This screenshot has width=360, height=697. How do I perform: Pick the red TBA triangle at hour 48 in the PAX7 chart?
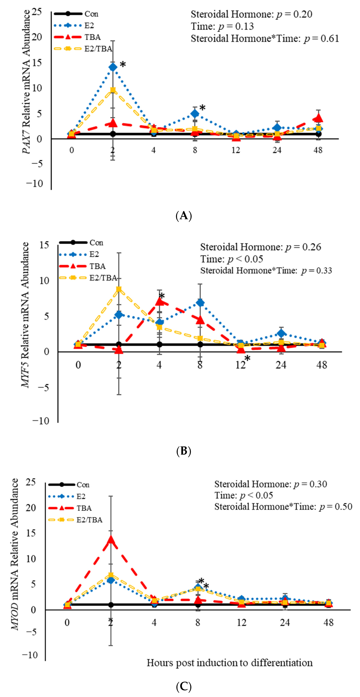319,118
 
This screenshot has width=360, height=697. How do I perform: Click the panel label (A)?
184,216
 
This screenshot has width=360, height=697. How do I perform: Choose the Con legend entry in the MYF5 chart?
96,243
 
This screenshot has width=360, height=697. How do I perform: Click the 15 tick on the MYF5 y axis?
44,245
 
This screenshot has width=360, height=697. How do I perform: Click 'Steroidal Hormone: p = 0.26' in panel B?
260,247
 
